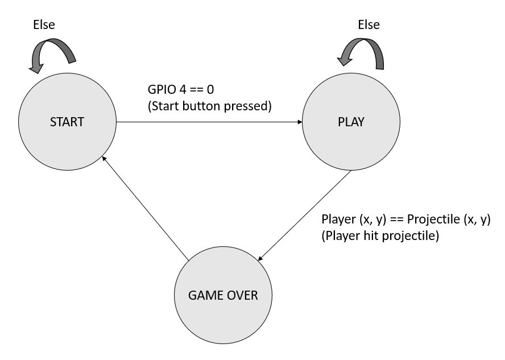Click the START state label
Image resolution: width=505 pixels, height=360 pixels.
coord(67,122)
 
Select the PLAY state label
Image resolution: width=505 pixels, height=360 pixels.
coord(351,122)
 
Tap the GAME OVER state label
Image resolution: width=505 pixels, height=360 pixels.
coord(223,295)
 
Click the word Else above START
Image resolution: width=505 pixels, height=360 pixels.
coord(44,25)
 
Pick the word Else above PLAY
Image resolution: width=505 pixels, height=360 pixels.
coord(369,25)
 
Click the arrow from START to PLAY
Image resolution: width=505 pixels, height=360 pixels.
coord(209,122)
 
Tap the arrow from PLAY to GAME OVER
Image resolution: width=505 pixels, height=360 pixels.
coord(305,216)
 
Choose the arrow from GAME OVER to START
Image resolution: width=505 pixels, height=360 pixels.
coord(145,208)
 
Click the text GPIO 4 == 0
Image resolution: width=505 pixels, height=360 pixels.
coord(181,89)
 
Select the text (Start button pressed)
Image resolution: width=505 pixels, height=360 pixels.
coord(210,106)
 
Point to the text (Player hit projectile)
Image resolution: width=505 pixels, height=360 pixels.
coord(380,235)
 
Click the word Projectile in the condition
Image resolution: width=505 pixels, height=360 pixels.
coord(433,220)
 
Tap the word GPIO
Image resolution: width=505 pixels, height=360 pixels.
coord(160,89)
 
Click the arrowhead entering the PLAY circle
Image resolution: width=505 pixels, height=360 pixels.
coord(300,122)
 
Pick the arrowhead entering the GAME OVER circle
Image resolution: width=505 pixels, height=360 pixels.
coord(260,258)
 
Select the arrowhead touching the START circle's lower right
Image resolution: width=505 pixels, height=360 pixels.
coord(104,159)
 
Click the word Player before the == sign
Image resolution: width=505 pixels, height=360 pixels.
coord(338,220)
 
